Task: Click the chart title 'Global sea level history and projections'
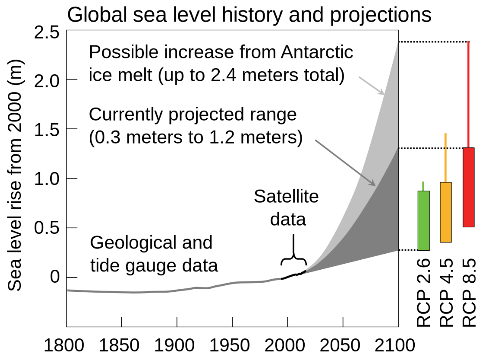click(249, 15)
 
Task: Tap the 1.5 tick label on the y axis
click(47, 129)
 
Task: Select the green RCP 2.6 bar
click(423, 220)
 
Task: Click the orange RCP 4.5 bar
click(445, 212)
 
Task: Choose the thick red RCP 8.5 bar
click(468, 187)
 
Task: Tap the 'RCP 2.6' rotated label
click(423, 293)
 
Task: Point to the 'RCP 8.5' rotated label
click(469, 293)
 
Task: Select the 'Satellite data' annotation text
click(286, 208)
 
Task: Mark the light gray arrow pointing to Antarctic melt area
click(372, 85)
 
